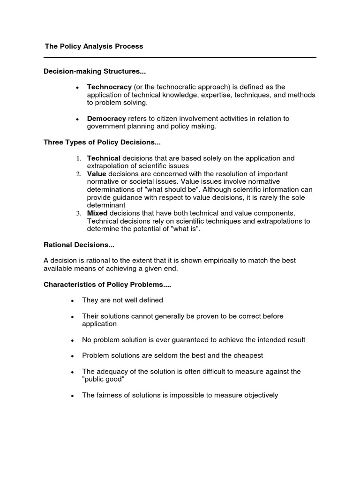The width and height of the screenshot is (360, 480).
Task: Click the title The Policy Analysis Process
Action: [x=94, y=46]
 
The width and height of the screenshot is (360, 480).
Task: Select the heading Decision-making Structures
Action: [x=95, y=71]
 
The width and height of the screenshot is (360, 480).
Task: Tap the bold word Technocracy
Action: [x=109, y=87]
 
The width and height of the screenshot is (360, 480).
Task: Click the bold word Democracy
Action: [x=106, y=119]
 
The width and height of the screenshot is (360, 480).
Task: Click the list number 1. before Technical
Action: [x=79, y=158]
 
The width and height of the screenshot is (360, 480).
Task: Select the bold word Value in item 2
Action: [x=97, y=174]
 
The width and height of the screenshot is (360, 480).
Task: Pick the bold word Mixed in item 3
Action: [x=97, y=213]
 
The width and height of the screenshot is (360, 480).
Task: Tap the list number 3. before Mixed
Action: [x=79, y=213]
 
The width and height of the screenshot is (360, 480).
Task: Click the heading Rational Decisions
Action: [x=79, y=245]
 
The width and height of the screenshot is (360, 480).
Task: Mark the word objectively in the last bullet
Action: [x=257, y=395]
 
